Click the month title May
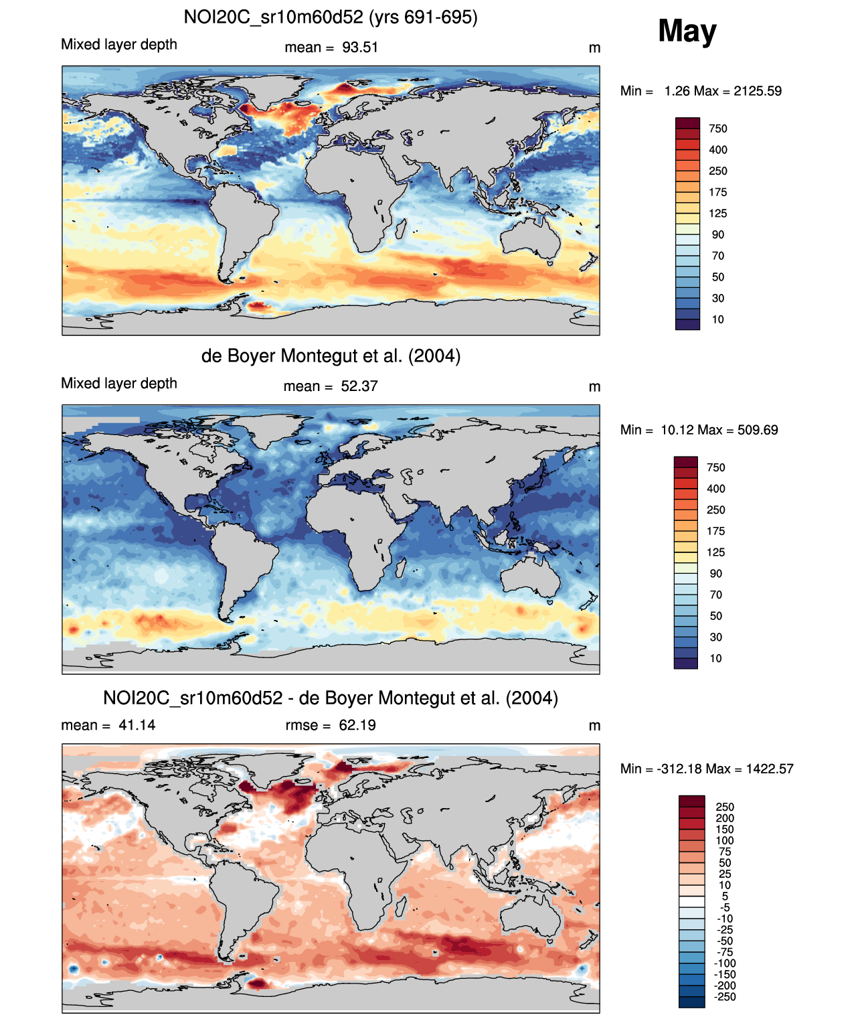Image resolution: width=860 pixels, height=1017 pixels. point(687,31)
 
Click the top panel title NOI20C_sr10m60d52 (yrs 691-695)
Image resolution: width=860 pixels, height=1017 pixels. point(331,17)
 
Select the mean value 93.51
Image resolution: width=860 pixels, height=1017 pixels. point(360,48)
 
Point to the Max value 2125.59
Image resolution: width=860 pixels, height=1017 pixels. point(757,91)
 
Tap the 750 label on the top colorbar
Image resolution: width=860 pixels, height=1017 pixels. point(717,129)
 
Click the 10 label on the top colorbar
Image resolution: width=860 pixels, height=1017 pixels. point(717,319)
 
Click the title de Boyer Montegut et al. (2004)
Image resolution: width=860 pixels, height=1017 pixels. point(331,356)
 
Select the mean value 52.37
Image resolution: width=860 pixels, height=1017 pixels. point(359,386)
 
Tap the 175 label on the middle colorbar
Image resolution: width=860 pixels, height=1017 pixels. point(715,531)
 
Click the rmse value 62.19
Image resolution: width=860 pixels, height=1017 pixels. point(357,725)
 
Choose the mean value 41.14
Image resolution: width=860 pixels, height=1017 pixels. point(137,725)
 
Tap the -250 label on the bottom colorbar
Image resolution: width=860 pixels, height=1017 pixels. point(724,997)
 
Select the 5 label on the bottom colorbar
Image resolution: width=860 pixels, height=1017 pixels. point(725,896)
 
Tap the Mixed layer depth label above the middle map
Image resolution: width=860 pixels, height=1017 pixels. point(119,383)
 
